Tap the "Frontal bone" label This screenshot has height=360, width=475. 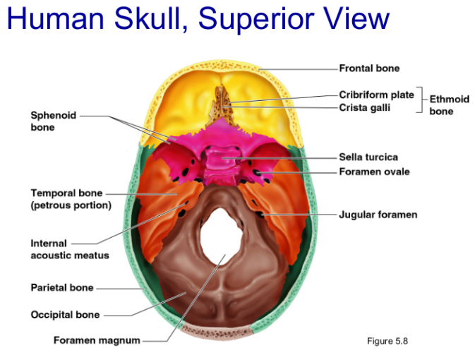point(369,68)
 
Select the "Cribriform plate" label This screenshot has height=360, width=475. point(376,95)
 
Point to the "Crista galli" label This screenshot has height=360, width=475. point(364,107)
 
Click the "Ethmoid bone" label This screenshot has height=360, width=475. point(449,105)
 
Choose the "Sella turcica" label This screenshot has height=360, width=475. point(368,157)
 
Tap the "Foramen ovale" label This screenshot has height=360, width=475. point(374,172)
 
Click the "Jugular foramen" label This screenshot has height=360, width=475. point(378,215)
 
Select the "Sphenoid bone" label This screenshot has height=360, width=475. point(54,121)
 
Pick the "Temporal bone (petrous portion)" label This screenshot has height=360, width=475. point(71,199)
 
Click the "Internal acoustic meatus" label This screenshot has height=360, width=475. point(69,249)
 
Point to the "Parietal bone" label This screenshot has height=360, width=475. point(62,288)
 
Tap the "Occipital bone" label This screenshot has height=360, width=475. point(65,315)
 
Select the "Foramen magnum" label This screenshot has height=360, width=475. point(97,341)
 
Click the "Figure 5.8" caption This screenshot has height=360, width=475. point(387,341)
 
